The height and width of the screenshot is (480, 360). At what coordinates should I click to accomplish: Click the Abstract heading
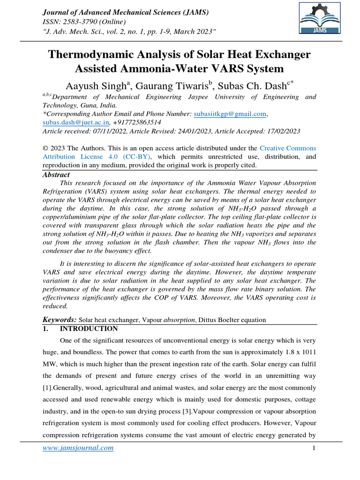(x=56, y=175)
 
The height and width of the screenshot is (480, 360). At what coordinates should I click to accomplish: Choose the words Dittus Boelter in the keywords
(x=219, y=320)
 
